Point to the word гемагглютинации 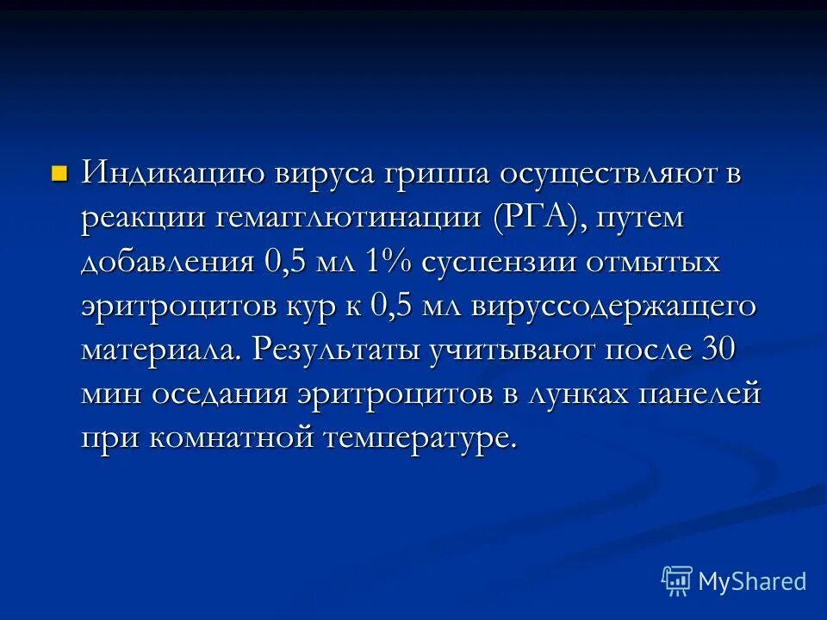(x=345, y=218)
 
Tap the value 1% (x=389, y=262)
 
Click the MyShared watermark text (x=751, y=581)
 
